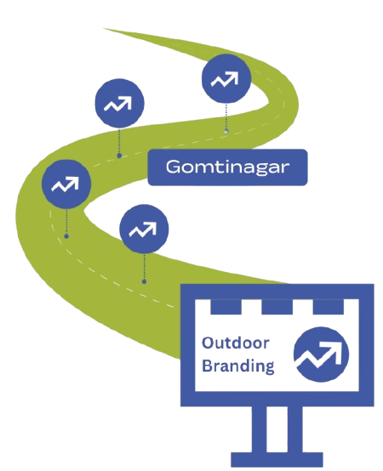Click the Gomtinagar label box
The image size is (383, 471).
point(227,167)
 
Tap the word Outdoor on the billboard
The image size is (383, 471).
point(236,343)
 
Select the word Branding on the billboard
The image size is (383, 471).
point(237,366)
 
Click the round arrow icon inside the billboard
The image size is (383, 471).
point(321,355)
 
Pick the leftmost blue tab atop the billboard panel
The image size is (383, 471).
point(226,307)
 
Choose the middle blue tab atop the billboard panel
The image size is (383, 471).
point(277,307)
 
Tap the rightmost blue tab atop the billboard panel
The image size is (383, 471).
point(328,307)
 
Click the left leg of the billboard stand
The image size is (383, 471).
point(259,429)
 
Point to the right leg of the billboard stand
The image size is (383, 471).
point(294,429)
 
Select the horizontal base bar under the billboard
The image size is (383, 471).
point(277,460)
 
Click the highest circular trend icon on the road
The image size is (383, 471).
point(226,79)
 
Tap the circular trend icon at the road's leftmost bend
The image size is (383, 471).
point(66,184)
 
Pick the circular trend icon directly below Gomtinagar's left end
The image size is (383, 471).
point(144,229)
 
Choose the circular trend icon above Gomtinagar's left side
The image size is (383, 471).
point(119,104)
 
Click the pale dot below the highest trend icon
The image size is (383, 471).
point(226,131)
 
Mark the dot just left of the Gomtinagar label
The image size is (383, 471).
point(119,156)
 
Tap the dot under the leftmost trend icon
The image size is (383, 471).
point(66,236)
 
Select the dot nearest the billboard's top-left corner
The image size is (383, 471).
point(144,281)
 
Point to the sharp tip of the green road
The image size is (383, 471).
point(104,29)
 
